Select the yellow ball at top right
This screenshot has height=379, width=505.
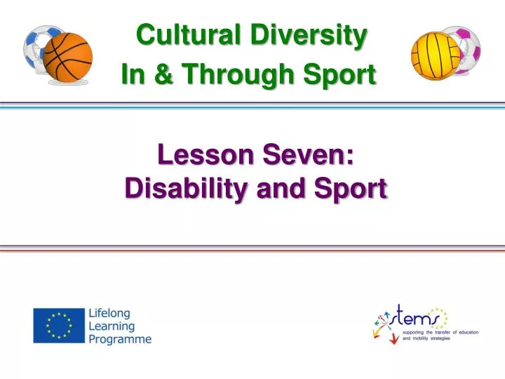pyautogui.click(x=435, y=55)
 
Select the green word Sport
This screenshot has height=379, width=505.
pyautogui.click(x=344, y=74)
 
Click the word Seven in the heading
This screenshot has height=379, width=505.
pyautogui.click(x=309, y=156)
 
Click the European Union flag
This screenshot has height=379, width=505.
pyautogui.click(x=58, y=326)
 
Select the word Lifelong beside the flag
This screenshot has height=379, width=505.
pyautogui.click(x=109, y=313)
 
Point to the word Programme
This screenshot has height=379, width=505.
pyautogui.click(x=120, y=340)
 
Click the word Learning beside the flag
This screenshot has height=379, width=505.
pyautogui.click(x=112, y=326)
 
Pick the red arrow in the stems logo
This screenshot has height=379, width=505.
pyautogui.click(x=393, y=338)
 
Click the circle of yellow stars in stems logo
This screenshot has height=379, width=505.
pyautogui.click(x=438, y=316)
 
